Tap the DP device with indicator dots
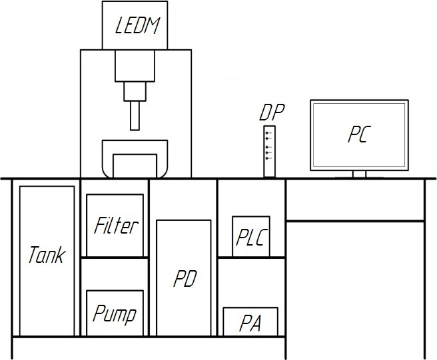click(x=269, y=151)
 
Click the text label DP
click(x=272, y=112)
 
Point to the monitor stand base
click(x=359, y=176)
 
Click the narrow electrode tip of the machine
click(x=136, y=114)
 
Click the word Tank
click(x=47, y=254)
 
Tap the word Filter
click(x=116, y=226)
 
